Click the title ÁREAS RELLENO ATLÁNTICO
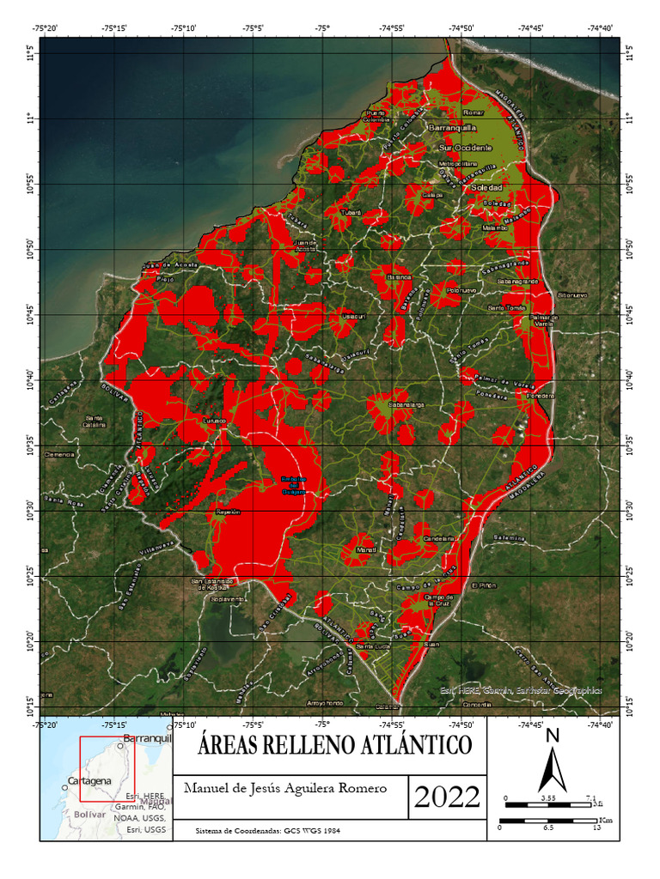pos(335,744)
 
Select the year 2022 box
pos(447,797)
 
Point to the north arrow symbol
pos(553,764)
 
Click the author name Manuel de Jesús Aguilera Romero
pos(286,788)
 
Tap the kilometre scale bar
pos(548,821)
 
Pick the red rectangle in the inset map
pos(107,769)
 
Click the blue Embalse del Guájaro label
pos(295,485)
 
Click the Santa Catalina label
pos(94,421)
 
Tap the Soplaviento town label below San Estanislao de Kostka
pos(228,598)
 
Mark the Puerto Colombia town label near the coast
pos(376,116)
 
